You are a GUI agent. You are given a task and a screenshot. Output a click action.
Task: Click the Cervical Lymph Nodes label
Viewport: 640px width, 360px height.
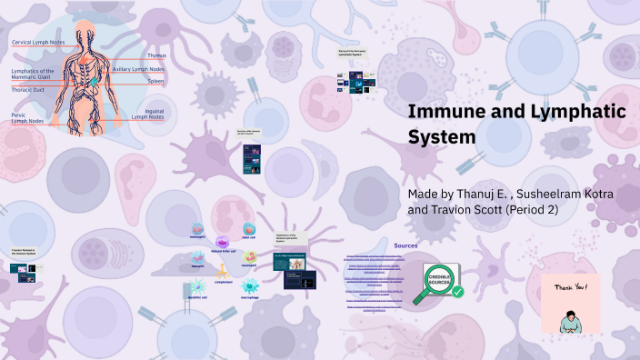(37, 43)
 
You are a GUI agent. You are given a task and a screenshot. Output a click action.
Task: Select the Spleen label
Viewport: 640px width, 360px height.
(156, 81)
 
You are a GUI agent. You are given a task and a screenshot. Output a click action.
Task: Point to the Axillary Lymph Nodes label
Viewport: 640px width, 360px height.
(138, 69)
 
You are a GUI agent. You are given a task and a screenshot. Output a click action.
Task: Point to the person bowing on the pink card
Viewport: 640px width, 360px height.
(570, 318)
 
